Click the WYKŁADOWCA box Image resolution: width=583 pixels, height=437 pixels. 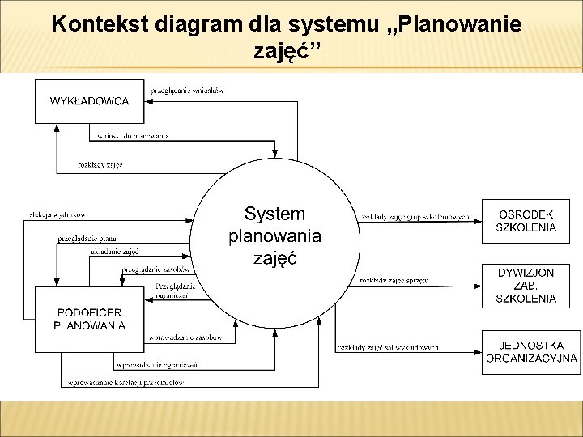[x=90, y=101]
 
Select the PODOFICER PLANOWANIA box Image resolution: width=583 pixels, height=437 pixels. [x=89, y=319]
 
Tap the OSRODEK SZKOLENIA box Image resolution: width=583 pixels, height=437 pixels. [x=527, y=220]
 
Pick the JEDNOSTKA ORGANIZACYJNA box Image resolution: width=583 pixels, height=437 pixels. [x=531, y=352]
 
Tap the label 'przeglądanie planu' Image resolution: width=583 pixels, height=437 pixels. [x=87, y=239]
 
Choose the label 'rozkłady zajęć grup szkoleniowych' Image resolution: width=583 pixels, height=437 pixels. [x=415, y=217]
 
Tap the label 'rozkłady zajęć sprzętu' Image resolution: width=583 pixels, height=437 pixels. [x=394, y=281]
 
